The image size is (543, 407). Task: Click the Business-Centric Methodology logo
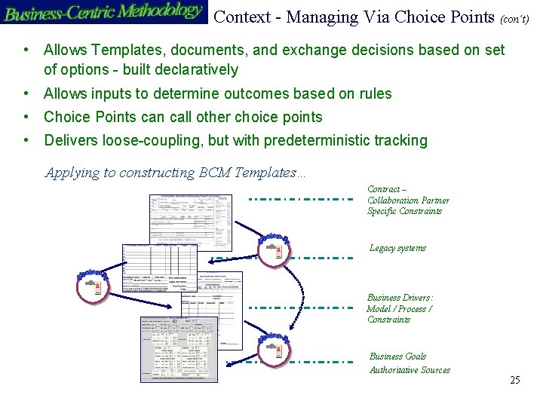pyautogui.click(x=103, y=12)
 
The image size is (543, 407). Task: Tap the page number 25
pyautogui.click(x=515, y=380)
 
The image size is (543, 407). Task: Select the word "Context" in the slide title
pyautogui.click(x=241, y=17)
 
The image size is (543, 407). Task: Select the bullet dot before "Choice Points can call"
pyautogui.click(x=26, y=117)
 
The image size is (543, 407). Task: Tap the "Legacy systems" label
pyautogui.click(x=397, y=248)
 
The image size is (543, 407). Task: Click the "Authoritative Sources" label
pyautogui.click(x=410, y=370)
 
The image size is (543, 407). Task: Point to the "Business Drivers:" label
pyautogui.click(x=400, y=298)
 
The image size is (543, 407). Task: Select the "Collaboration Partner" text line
pyautogui.click(x=408, y=200)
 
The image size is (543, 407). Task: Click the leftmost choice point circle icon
pyautogui.click(x=94, y=286)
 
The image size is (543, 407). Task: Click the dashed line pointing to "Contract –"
pyautogui.click(x=301, y=200)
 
